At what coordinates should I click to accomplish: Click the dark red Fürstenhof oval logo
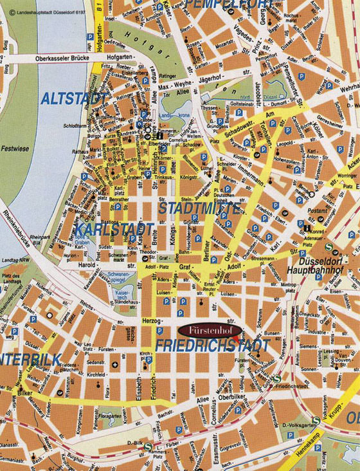point(210,329)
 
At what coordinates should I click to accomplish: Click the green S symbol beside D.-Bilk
point(148,447)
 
